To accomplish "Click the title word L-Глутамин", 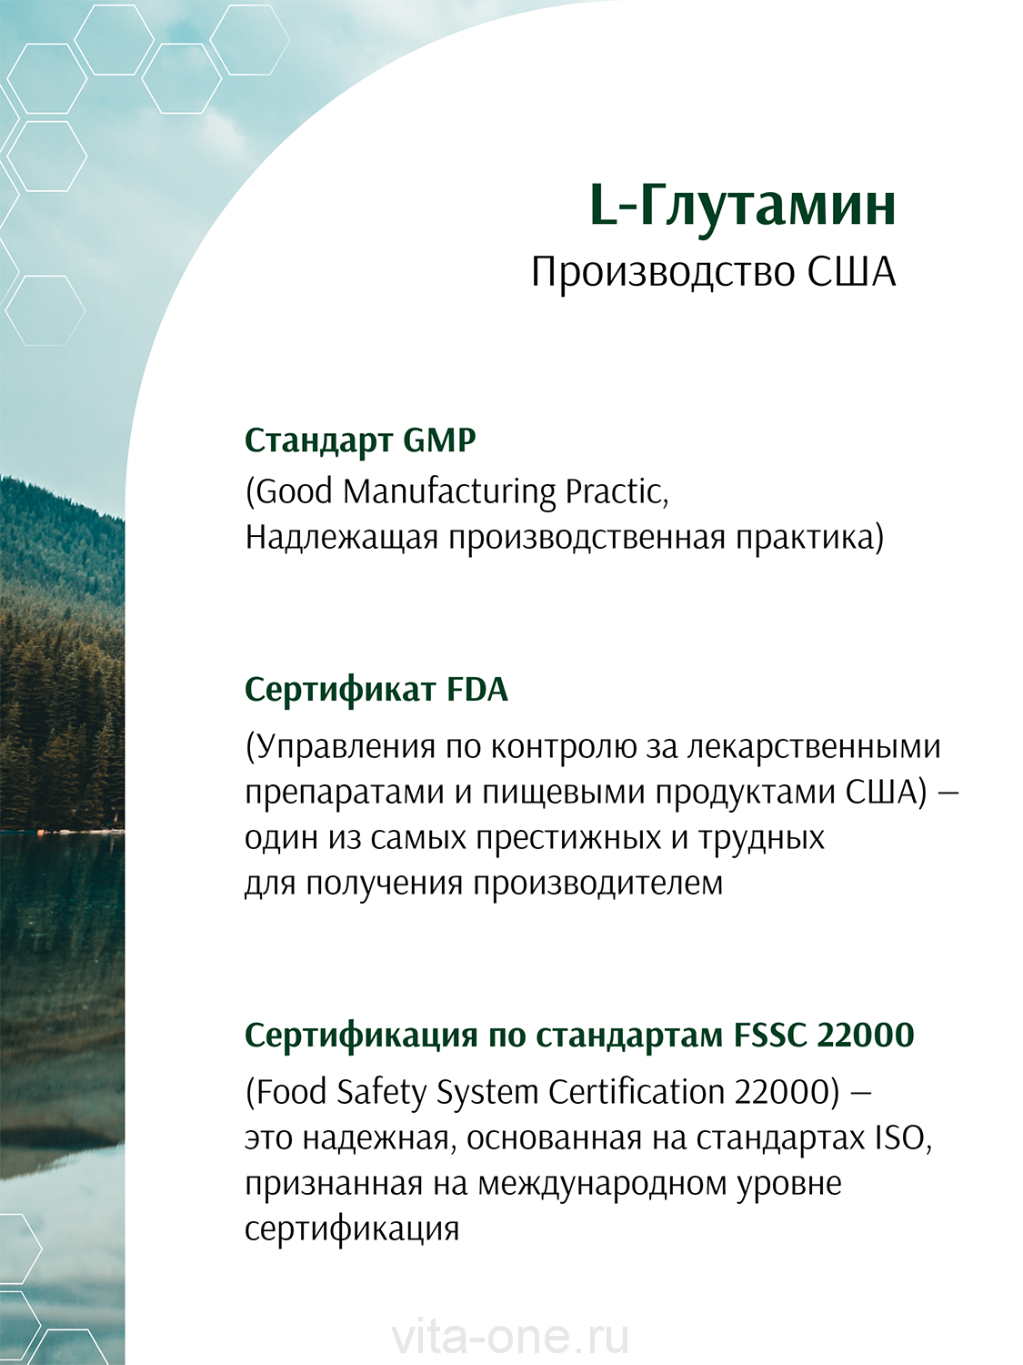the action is click(x=743, y=207).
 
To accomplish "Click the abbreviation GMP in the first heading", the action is click(x=439, y=440).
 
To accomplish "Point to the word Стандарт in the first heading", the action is click(x=318, y=441).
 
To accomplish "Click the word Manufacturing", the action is click(x=449, y=492).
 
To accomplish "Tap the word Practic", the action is click(x=617, y=492).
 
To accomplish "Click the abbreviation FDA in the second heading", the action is click(x=477, y=690).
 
